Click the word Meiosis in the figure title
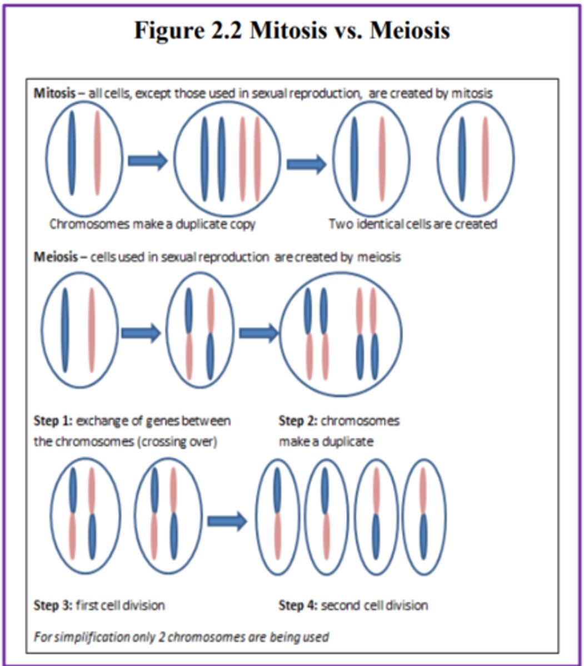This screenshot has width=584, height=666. pos(409,31)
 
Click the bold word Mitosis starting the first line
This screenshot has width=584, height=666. pos(54,93)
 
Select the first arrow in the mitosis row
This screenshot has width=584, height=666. pos(147,161)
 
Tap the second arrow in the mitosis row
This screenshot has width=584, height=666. pos(306,164)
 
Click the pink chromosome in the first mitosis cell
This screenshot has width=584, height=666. pos(98,153)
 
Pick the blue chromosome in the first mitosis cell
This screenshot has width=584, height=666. pos(72,153)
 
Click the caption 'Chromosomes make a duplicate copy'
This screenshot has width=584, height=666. pos(152,224)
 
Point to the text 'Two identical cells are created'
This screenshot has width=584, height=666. pos(412,224)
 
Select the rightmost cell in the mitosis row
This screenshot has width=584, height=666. pos(476,158)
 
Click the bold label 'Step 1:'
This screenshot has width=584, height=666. pos(53,421)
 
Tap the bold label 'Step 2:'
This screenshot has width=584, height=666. pos(297,421)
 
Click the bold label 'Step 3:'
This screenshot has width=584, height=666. pos(53,604)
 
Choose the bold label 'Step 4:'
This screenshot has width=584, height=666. pos(297,604)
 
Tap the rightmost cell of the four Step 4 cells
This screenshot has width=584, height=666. pos(424,516)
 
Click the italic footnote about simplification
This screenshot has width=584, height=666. pos(181,636)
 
